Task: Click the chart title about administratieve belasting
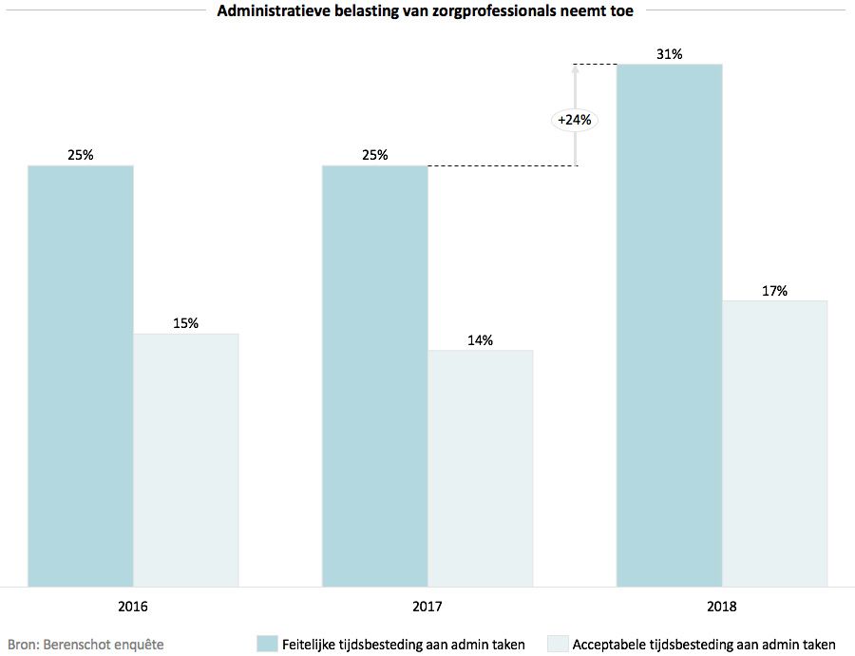[426, 12]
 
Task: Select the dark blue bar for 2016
[81, 376]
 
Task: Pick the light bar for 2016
[186, 460]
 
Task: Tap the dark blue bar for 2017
[375, 376]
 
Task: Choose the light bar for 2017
[481, 468]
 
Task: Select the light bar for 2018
[775, 443]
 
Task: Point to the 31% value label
[670, 54]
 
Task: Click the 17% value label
[775, 291]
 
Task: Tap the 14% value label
[481, 340]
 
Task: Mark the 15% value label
[186, 323]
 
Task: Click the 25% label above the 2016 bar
[81, 155]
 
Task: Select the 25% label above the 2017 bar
[375, 155]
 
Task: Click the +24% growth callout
[575, 120]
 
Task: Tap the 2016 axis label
[133, 606]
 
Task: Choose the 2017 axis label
[427, 606]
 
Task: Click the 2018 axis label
[722, 606]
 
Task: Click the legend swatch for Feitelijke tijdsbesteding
[267, 644]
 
